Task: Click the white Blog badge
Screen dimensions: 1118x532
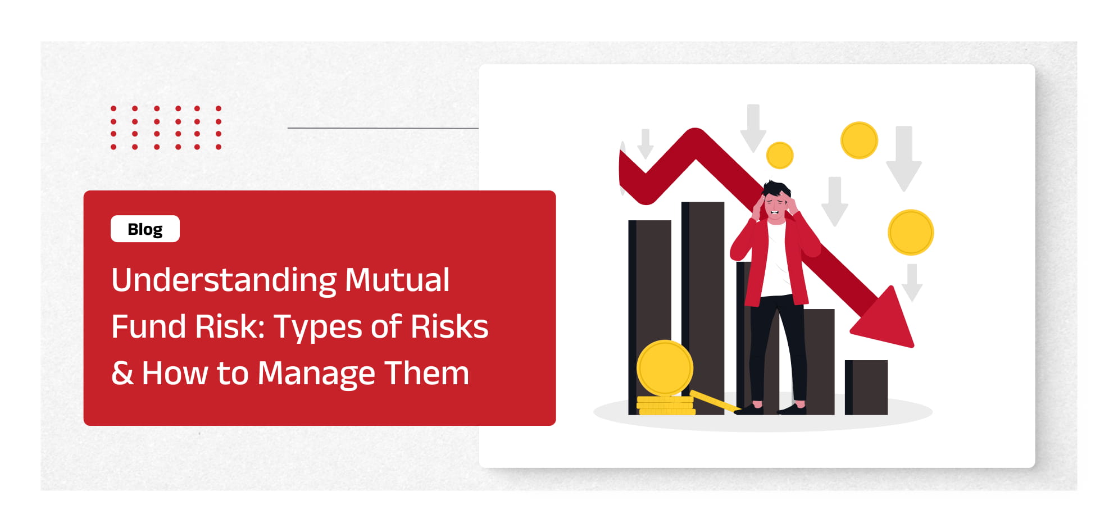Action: click(x=145, y=229)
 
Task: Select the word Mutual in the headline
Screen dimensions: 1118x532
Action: click(x=397, y=279)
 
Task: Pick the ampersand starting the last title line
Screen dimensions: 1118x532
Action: click(x=122, y=373)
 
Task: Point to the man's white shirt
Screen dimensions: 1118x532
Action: click(x=776, y=258)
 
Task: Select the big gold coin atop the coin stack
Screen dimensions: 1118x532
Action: click(x=665, y=369)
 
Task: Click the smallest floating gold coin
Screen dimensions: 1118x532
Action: click(x=780, y=155)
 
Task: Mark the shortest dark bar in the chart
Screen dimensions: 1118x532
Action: click(x=866, y=388)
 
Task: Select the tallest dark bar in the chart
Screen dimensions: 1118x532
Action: click(x=703, y=308)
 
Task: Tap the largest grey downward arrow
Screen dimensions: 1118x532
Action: click(x=904, y=159)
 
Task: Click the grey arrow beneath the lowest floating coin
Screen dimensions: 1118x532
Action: click(x=912, y=283)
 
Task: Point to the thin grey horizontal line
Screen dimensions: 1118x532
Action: click(x=383, y=128)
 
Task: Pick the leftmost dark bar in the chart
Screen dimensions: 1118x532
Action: click(x=649, y=317)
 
